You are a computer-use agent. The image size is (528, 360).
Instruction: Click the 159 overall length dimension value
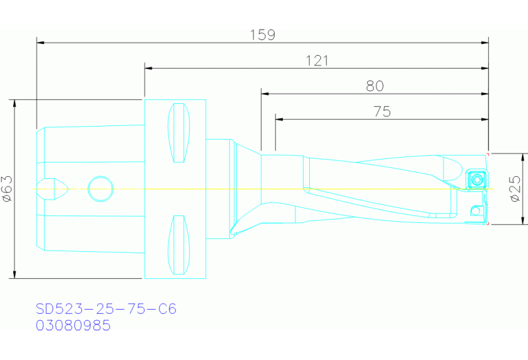(x=262, y=34)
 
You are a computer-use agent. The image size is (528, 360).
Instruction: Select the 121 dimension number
(x=317, y=61)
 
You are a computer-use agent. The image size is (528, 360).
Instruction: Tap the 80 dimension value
(x=374, y=86)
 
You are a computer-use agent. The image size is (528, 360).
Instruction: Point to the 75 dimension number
(x=382, y=112)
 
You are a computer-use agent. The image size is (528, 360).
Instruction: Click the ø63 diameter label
(x=8, y=189)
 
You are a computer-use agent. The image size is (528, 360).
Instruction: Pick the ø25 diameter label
(x=516, y=189)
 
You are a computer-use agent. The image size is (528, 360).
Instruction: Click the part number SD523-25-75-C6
(x=106, y=309)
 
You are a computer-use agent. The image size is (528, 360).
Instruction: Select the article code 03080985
(x=73, y=326)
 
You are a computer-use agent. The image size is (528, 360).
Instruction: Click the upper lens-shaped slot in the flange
(x=179, y=133)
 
